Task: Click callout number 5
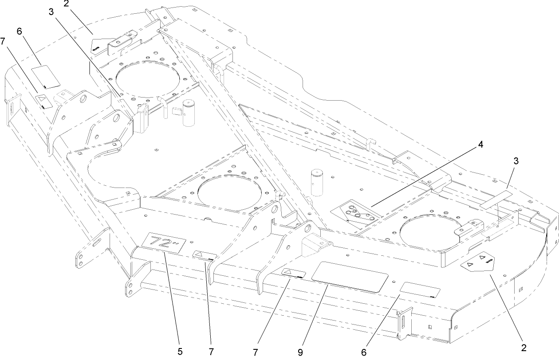(180, 352)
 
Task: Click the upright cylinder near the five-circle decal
(318, 181)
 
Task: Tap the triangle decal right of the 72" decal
(205, 257)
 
